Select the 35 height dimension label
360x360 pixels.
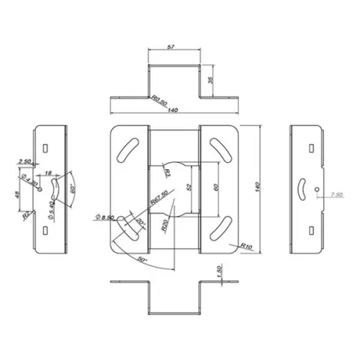211,80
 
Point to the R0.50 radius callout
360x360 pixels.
158,101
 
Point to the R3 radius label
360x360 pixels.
166,172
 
